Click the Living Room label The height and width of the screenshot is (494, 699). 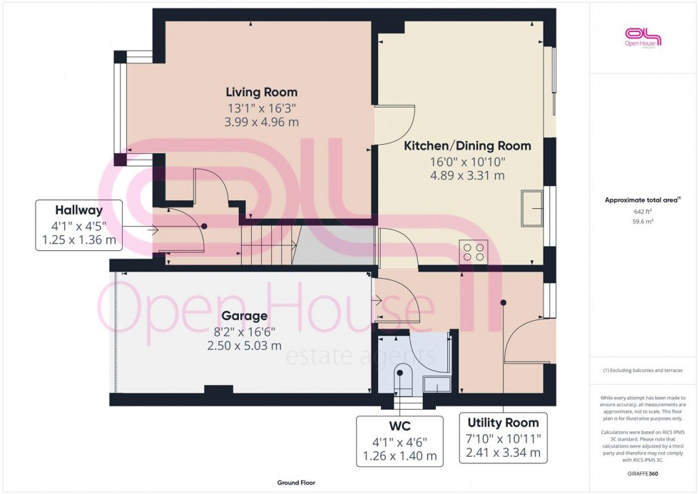click(261, 92)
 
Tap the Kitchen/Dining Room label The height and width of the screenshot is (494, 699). click(467, 145)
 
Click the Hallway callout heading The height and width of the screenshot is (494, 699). click(79, 210)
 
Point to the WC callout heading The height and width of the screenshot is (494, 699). click(399, 427)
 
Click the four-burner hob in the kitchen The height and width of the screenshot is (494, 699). click(474, 252)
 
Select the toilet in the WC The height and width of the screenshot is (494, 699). click(403, 380)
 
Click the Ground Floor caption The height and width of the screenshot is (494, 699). click(295, 483)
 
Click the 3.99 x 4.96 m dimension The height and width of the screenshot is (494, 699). click(261, 122)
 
